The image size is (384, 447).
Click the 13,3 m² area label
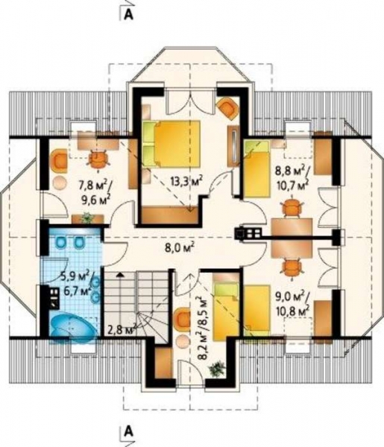[186, 181]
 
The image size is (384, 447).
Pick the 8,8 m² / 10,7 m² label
[292, 177]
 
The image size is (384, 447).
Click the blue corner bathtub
[74, 328]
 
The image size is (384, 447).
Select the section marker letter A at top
[129, 15]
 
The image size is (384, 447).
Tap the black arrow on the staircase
[121, 275]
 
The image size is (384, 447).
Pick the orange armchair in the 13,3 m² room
[227, 108]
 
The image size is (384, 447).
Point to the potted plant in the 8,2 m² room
[218, 369]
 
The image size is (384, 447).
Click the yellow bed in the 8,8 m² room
[256, 169]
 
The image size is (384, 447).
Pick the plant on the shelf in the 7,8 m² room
[87, 218]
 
